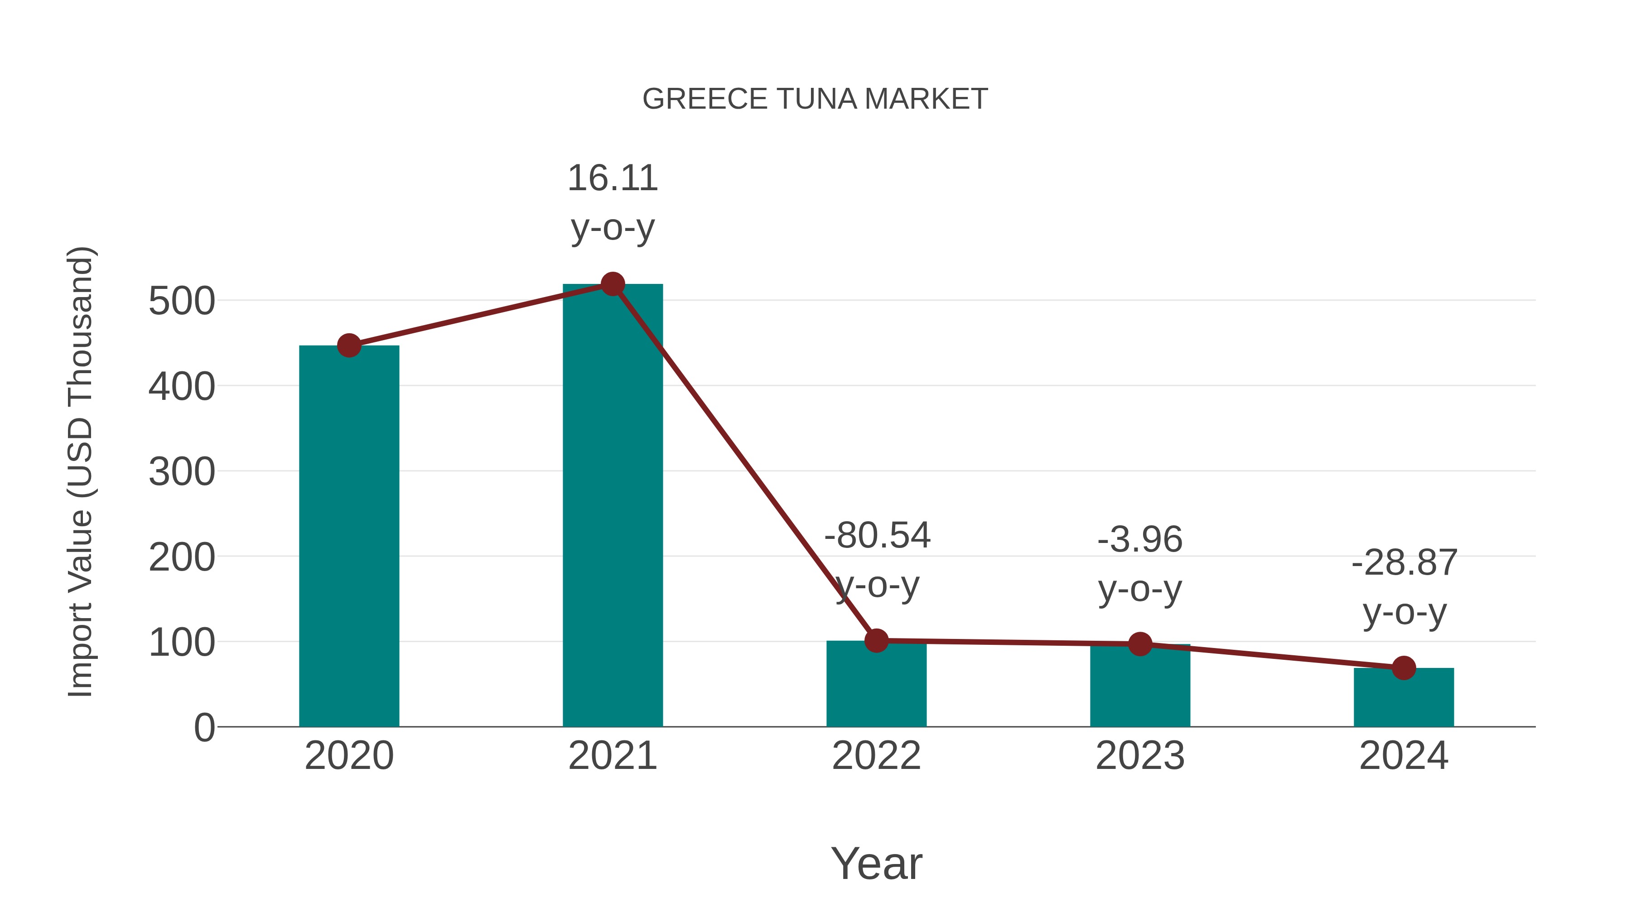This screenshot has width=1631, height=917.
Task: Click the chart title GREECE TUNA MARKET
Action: click(815, 99)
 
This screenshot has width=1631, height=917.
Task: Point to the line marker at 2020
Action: click(349, 346)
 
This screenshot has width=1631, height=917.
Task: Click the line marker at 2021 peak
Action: click(612, 284)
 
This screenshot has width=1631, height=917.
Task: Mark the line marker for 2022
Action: click(876, 640)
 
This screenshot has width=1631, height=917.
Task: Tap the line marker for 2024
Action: click(1404, 667)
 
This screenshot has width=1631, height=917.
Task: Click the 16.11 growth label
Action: click(612, 178)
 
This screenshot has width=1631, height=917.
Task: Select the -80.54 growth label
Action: click(877, 536)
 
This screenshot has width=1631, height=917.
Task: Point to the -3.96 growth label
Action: click(1140, 540)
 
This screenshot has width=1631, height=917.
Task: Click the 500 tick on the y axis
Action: click(182, 301)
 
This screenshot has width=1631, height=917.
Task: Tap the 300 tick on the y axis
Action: click(182, 472)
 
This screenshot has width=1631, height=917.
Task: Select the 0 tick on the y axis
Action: click(204, 728)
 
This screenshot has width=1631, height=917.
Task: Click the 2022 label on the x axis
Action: click(876, 756)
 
